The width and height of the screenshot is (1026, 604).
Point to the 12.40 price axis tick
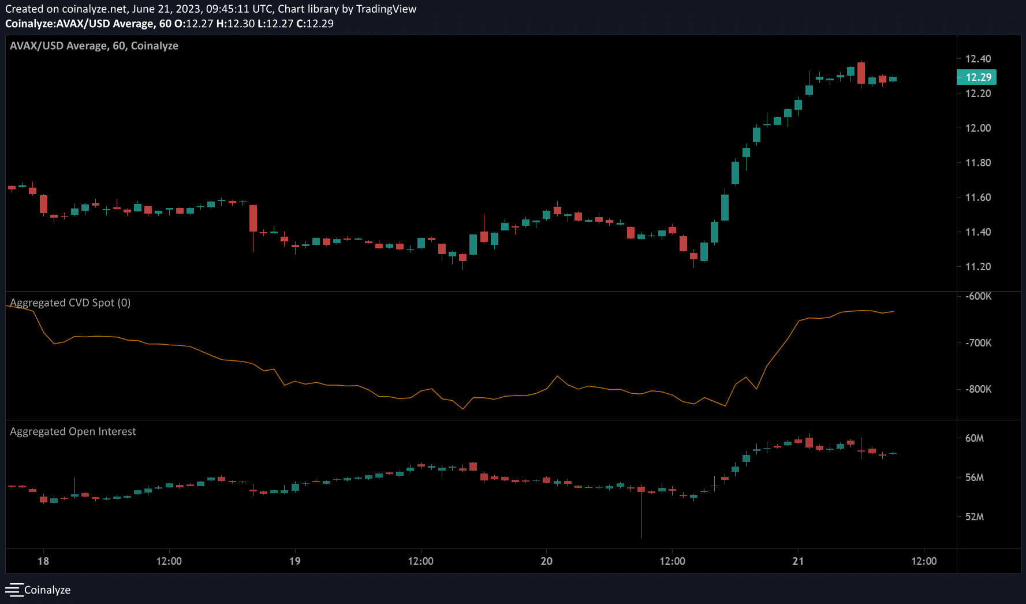[978, 58]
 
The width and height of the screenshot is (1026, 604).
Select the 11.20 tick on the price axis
[978, 266]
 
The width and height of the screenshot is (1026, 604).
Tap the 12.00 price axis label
[978, 128]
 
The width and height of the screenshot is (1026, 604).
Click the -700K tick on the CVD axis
[978, 342]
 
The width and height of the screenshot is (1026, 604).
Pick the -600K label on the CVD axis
[978, 296]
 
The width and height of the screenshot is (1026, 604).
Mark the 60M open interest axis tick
[975, 438]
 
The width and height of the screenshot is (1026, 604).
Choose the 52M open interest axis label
[975, 517]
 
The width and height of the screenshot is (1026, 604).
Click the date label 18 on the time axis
[43, 561]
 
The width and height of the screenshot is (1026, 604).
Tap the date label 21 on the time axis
[798, 561]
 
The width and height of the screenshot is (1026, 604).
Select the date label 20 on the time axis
[546, 561]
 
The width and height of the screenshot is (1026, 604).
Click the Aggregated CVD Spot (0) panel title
[70, 303]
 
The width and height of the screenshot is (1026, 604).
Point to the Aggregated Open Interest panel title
[73, 431]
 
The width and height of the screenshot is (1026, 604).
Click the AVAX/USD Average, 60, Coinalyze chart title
[94, 46]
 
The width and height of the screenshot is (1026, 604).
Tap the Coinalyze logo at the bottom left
[38, 590]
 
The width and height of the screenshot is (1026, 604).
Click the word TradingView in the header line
[386, 9]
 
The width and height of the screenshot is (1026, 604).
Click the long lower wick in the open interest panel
[641, 517]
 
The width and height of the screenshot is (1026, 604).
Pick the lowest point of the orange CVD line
[463, 409]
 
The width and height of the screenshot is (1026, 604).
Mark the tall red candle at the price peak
[861, 73]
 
